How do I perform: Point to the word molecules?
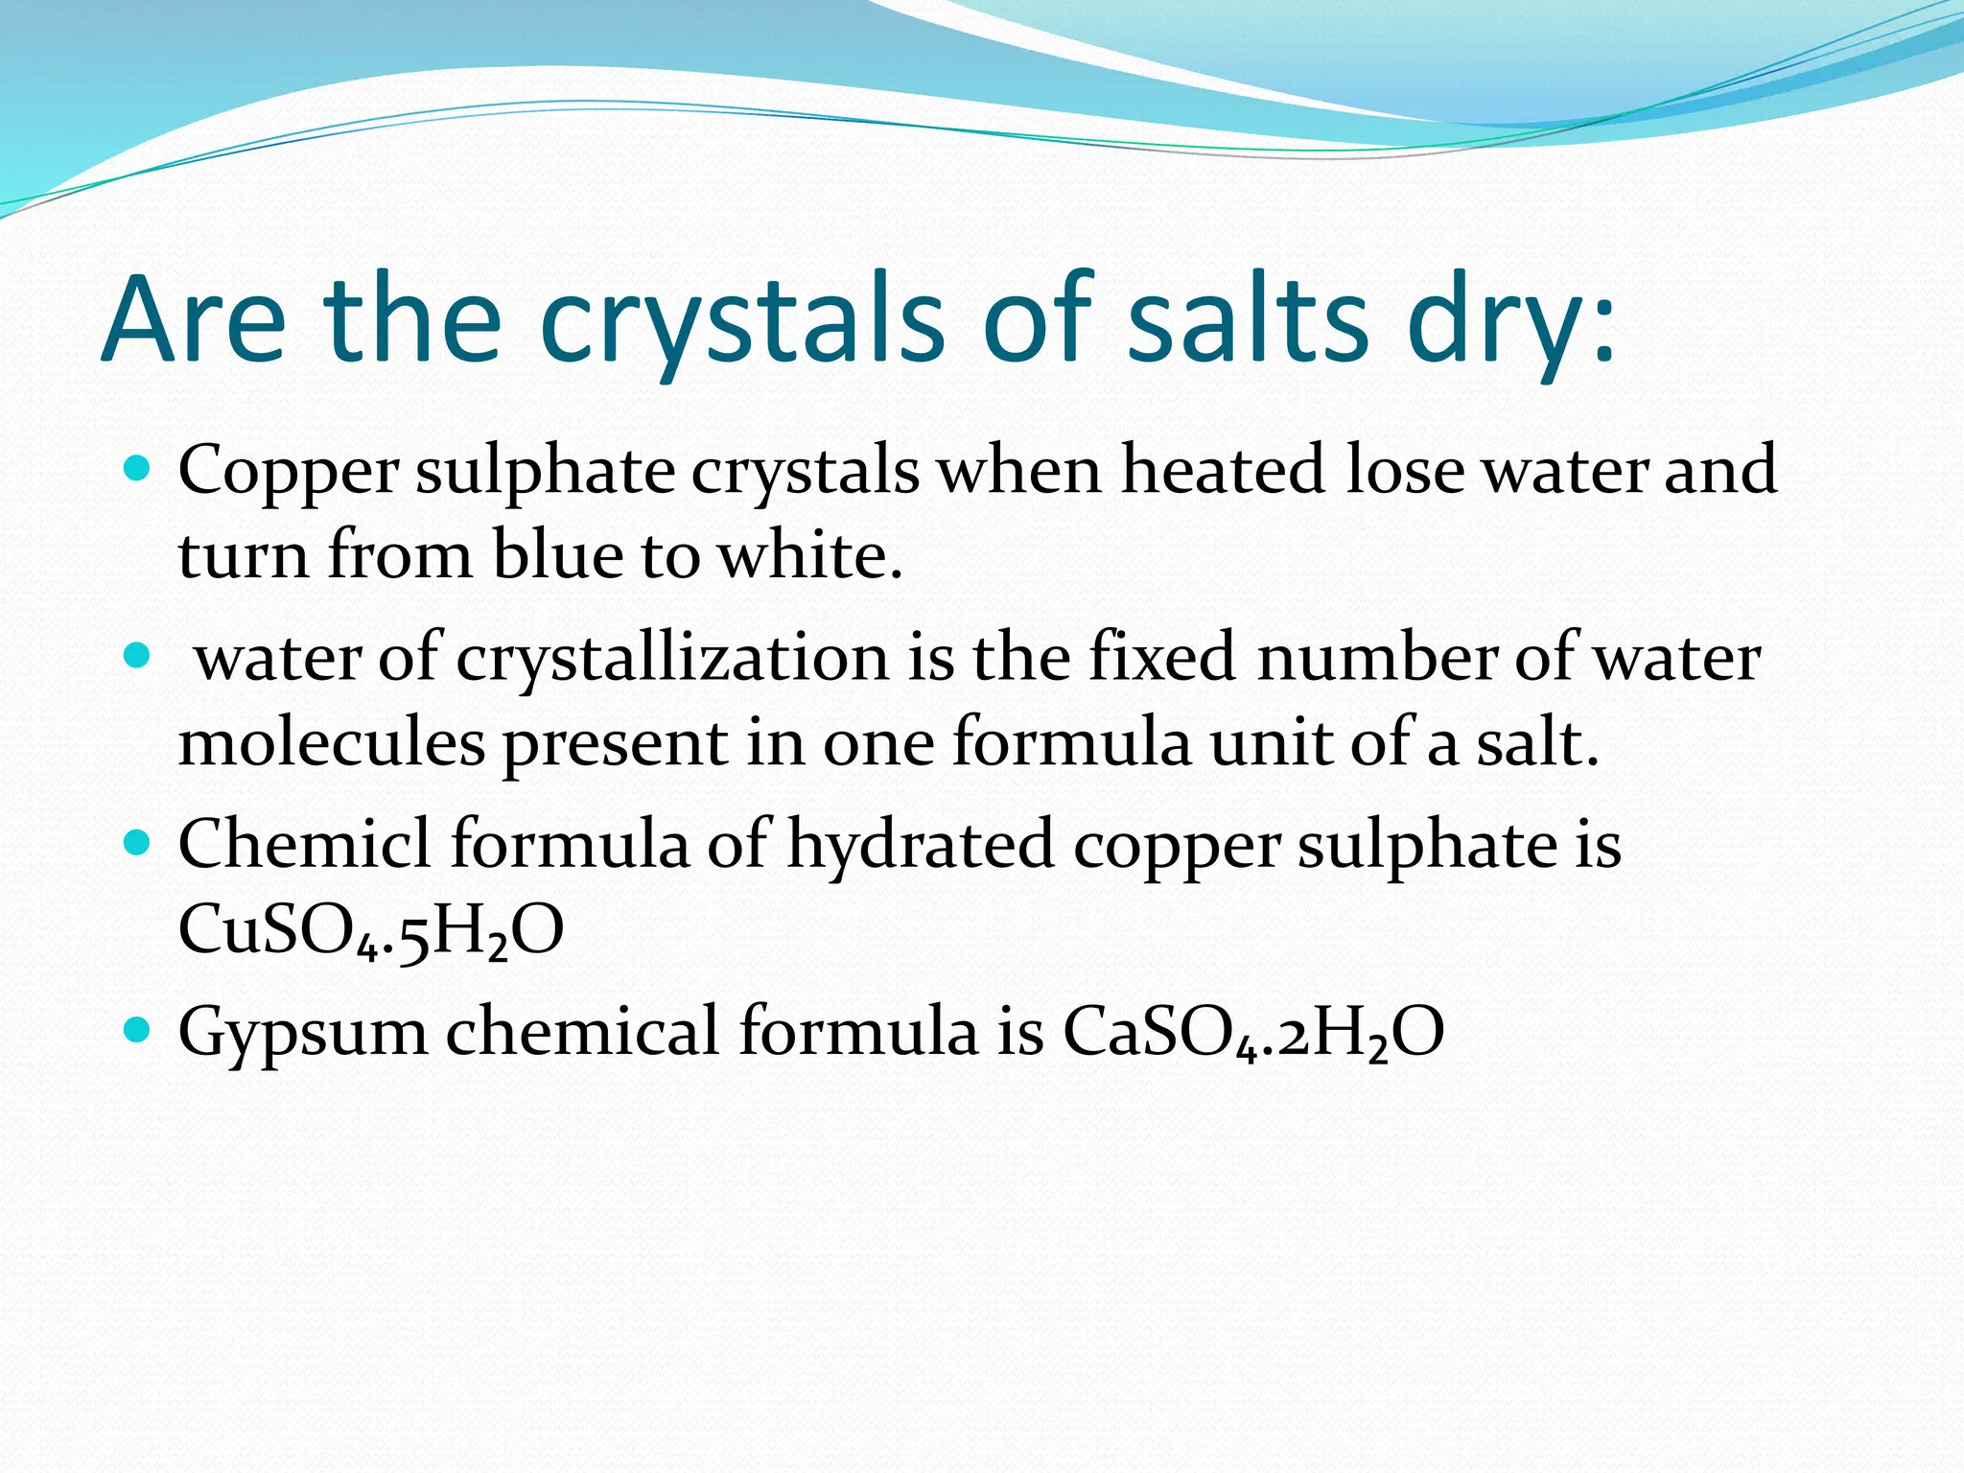point(332,742)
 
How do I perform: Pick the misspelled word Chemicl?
point(304,845)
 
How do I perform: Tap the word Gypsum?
point(303,1033)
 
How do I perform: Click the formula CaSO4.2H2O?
point(1252,1033)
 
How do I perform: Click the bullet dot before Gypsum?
point(138,1030)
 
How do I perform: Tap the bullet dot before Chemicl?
point(138,843)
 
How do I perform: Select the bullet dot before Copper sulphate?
point(138,469)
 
